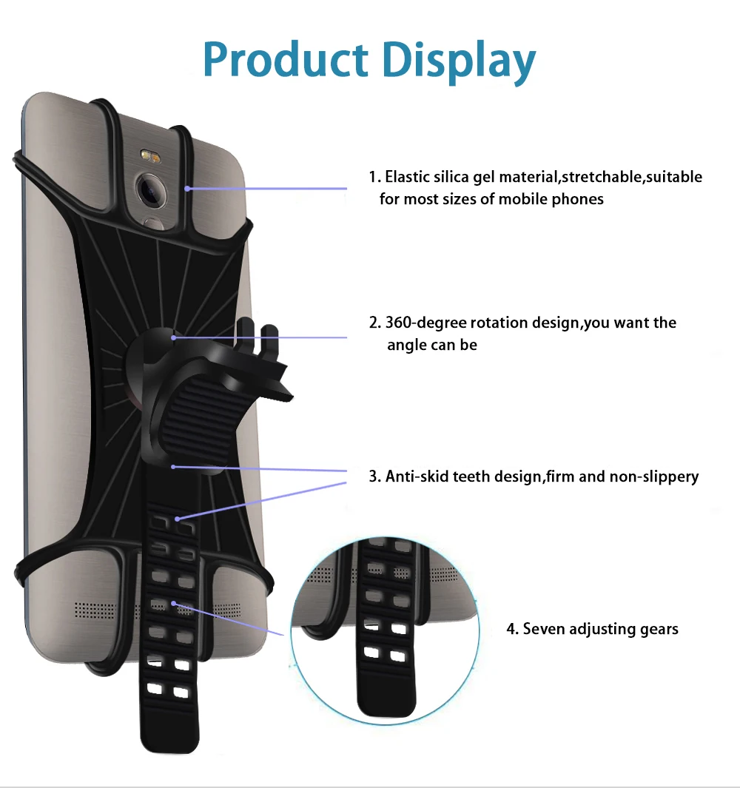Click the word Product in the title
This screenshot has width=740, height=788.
pyautogui.click(x=286, y=60)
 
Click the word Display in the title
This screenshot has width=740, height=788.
pyautogui.click(x=459, y=62)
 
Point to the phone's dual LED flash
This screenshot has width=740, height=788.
pyautogui.click(x=149, y=156)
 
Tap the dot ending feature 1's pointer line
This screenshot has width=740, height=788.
pyautogui.click(x=187, y=189)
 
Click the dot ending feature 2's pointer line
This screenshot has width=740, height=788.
pyautogui.click(x=173, y=337)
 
